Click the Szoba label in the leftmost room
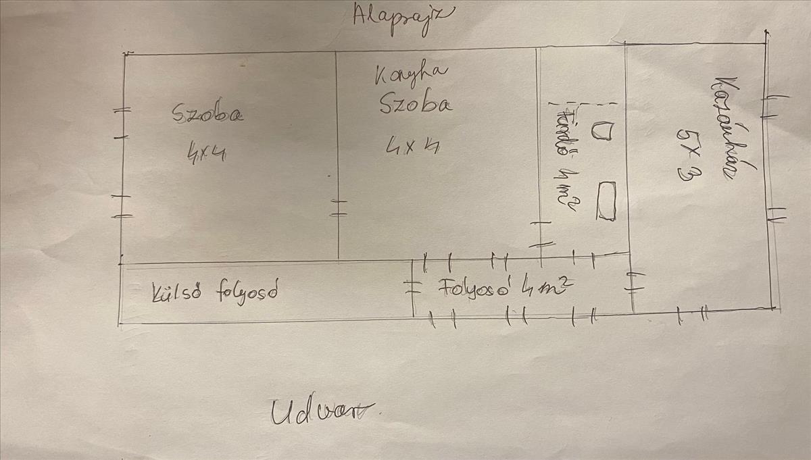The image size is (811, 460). click(207, 113)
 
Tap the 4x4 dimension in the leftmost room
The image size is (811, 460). click(206, 154)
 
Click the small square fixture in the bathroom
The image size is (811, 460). click(601, 130)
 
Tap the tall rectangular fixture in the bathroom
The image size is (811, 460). click(606, 200)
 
